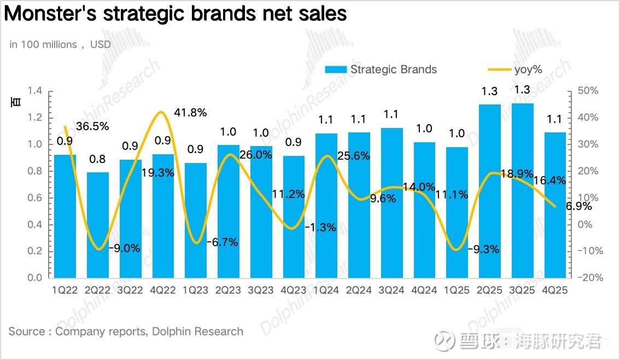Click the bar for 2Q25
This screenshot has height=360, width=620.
coord(489,191)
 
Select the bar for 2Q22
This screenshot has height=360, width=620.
coord(98,225)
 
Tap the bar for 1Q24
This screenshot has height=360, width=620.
coord(326,205)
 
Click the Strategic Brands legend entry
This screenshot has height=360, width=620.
coord(381,69)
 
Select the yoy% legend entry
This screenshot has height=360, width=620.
coord(514,69)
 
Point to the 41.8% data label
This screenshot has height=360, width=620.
coord(190,113)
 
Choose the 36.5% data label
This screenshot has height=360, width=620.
coord(92,126)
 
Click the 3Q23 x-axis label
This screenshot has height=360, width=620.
coord(261,291)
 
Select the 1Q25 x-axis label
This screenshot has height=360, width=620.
coord(457,291)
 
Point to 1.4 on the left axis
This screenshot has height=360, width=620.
coord(35,91)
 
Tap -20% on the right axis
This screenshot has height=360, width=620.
coord(589,277)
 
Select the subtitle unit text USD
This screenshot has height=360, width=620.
coord(101,44)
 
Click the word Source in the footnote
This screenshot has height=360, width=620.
coord(27,332)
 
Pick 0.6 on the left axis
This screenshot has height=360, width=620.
coord(35,198)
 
